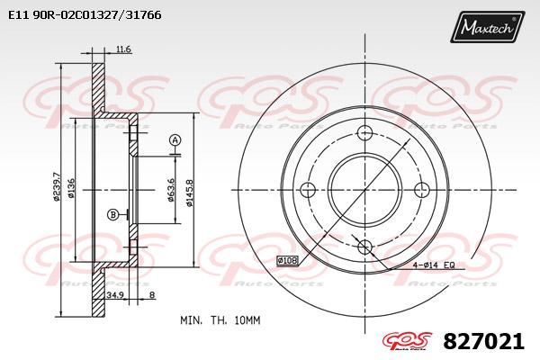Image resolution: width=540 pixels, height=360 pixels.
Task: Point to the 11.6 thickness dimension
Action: (x=124, y=50)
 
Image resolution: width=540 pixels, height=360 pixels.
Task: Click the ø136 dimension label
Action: (x=72, y=190)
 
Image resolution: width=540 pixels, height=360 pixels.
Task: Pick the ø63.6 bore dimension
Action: (x=171, y=189)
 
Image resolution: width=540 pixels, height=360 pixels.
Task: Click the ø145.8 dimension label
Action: (x=188, y=191)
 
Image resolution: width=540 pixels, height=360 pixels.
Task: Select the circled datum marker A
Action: (x=175, y=139)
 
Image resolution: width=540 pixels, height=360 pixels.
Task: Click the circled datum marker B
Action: (x=112, y=213)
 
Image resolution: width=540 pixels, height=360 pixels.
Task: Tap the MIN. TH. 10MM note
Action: (x=220, y=319)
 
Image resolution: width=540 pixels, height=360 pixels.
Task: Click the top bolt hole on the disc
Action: (x=364, y=133)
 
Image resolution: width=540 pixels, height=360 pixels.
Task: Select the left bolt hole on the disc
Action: (x=307, y=189)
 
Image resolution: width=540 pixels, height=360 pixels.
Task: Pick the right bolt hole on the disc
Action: (x=421, y=189)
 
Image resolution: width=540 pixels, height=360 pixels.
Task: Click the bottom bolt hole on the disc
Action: (x=364, y=247)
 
